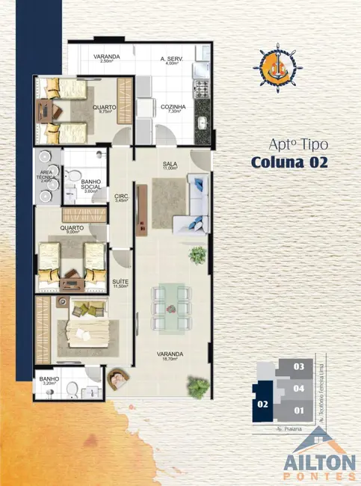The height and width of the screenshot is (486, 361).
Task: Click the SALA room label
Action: [x=170, y=165]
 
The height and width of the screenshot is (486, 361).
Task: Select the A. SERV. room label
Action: [x=173, y=61]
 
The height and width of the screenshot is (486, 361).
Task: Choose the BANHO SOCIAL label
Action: [x=90, y=186]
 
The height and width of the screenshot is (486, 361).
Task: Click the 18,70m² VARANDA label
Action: [x=171, y=356]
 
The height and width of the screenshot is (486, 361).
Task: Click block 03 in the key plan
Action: [x=299, y=367]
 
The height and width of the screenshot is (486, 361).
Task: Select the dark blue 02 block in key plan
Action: [x=262, y=403]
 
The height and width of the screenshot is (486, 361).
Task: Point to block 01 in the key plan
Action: [x=299, y=410]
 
